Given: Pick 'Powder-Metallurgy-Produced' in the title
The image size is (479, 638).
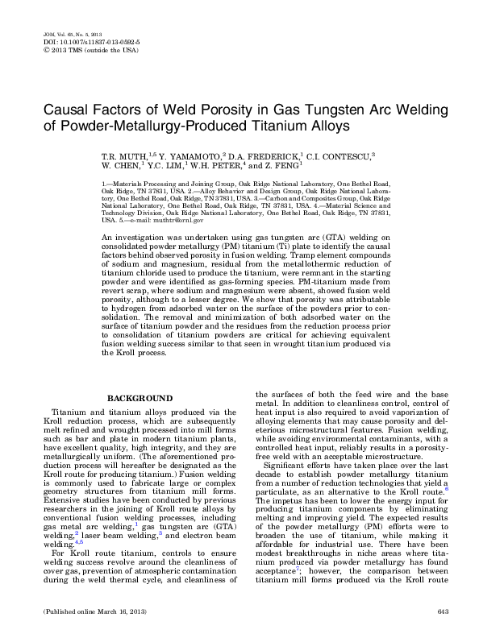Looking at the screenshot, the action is tap(152, 127).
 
